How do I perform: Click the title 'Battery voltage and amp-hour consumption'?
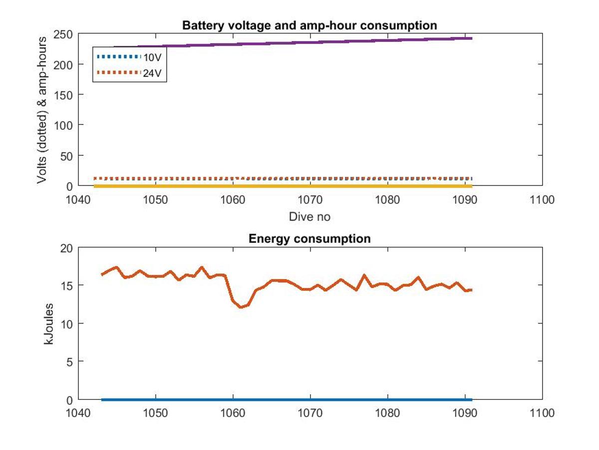coord(309,25)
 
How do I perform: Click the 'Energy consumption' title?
coord(309,238)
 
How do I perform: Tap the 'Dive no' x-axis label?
coord(309,217)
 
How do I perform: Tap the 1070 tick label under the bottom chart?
coord(310,413)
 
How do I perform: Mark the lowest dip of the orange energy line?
coord(241,307)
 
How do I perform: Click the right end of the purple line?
coord(472,38)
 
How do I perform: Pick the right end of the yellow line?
coord(472,186)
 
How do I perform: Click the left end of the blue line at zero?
coord(102,399)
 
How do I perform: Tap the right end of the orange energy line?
coord(472,290)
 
